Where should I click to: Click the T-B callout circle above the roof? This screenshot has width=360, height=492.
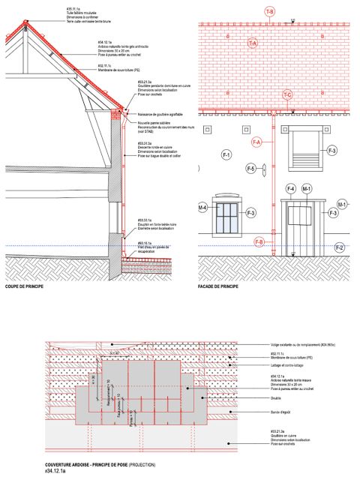(x=269, y=12)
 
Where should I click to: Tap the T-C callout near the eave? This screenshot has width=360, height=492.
(x=287, y=94)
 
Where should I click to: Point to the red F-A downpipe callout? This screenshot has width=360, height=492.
(x=256, y=142)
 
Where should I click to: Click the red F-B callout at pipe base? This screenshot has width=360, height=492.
(x=259, y=241)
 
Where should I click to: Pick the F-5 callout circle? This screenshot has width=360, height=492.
(x=252, y=168)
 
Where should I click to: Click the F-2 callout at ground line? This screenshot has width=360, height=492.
(x=339, y=247)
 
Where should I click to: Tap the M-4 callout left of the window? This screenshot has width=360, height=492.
(x=202, y=207)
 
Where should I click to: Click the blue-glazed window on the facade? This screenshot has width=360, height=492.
(x=227, y=217)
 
